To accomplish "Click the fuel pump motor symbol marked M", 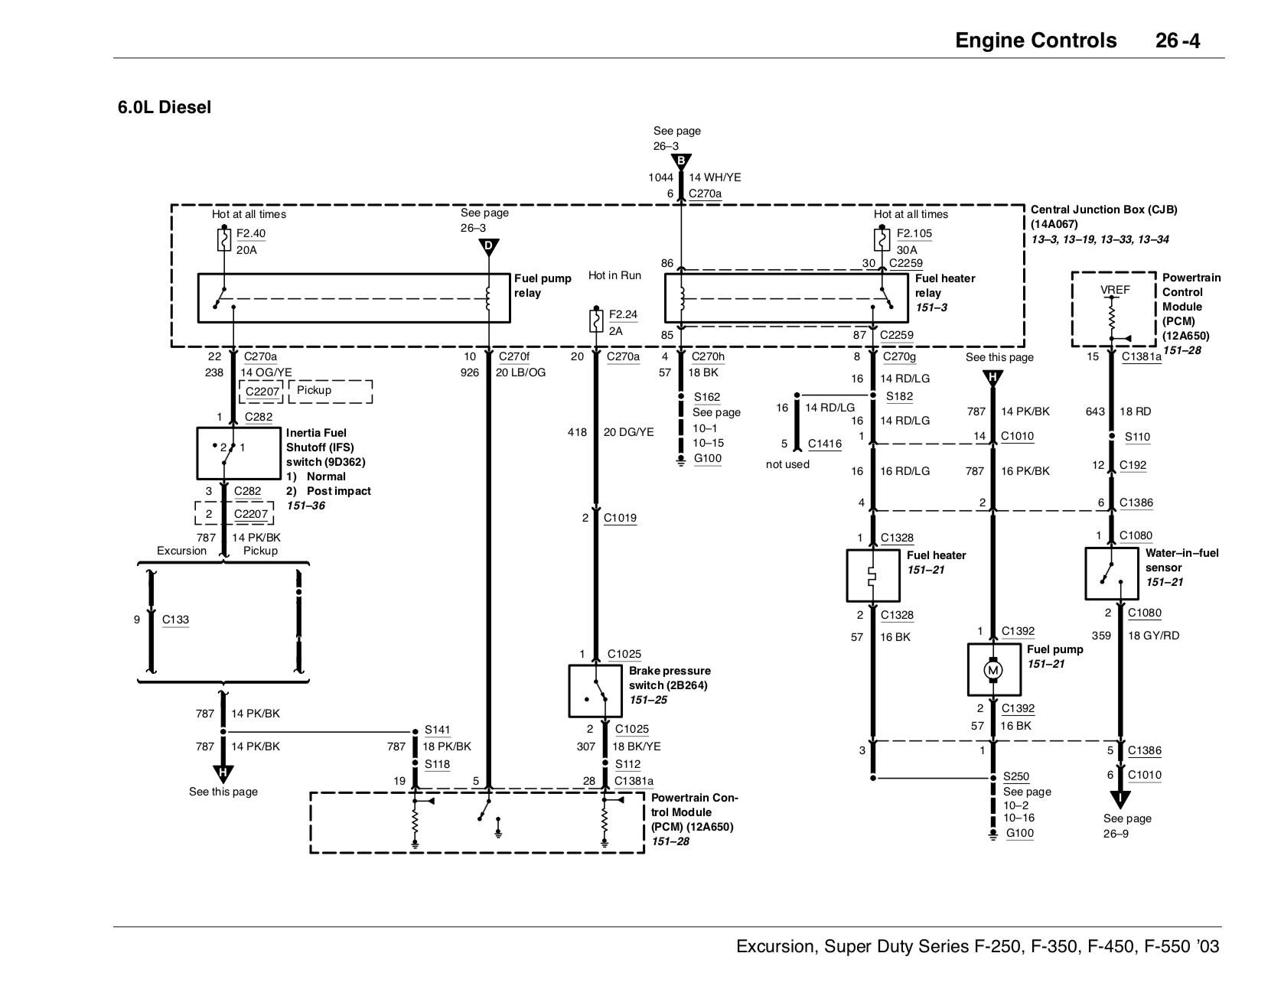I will pyautogui.click(x=993, y=671).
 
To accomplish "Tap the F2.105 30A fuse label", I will pyautogui.click(x=914, y=233).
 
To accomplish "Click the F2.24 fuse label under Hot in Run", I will pyautogui.click(x=622, y=314).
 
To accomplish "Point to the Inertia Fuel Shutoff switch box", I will pyautogui.click(x=239, y=454).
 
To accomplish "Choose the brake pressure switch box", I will pyautogui.click(x=595, y=690).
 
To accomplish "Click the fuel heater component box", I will pyautogui.click(x=873, y=575).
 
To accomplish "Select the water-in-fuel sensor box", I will pyautogui.click(x=1111, y=574).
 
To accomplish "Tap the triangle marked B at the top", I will pyautogui.click(x=680, y=161).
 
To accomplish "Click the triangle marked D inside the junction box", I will pyautogui.click(x=488, y=246).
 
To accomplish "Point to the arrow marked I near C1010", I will pyautogui.click(x=1120, y=799).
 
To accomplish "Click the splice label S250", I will pyautogui.click(x=1016, y=776).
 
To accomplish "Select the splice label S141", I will pyautogui.click(x=437, y=730).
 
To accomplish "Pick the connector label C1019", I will pyautogui.click(x=619, y=518).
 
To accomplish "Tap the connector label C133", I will pyautogui.click(x=175, y=620).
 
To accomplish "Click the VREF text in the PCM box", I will pyautogui.click(x=1114, y=290).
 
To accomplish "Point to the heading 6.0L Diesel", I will pyautogui.click(x=164, y=107).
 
